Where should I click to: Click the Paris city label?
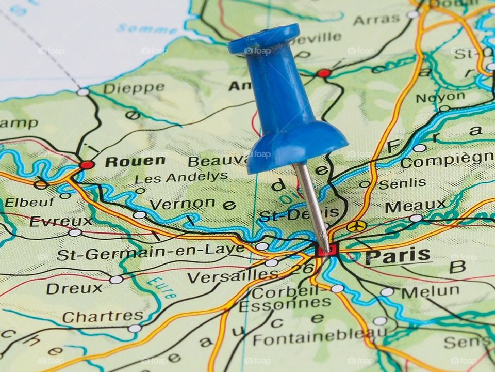tap(398, 256)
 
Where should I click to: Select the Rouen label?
tap(135, 162)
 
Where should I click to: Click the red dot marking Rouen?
tap(87, 165)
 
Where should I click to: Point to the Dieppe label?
tap(134, 88)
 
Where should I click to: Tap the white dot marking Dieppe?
tap(83, 92)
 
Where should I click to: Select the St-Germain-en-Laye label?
tap(151, 253)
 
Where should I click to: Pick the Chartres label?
tap(103, 316)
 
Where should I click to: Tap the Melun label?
tap(430, 292)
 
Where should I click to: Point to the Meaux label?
tap(416, 206)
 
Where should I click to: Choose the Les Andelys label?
tap(181, 177)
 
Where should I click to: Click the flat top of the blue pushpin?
tap(263, 39)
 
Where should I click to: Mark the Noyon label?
tap(440, 98)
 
